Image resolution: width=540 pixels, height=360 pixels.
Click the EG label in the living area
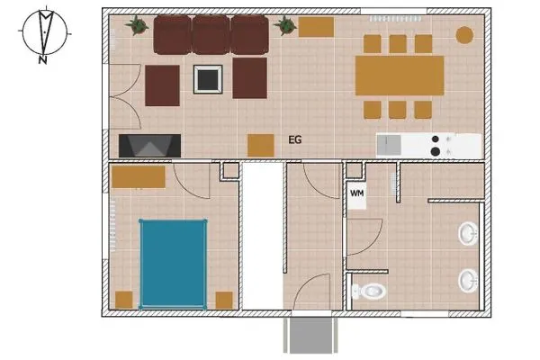pos(295,139)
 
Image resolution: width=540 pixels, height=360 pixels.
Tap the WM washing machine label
pos(356,193)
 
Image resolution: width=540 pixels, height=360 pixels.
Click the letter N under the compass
pos(42,60)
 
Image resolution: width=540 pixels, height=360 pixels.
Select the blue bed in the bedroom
pos(173,264)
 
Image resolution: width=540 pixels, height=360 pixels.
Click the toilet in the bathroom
pos(368,291)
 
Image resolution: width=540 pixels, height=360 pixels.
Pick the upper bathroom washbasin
pos(468,234)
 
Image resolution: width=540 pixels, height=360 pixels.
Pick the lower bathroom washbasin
pos(468,281)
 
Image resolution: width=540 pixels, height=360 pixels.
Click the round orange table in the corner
pos(464,35)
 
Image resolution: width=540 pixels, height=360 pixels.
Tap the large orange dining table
pos(400,76)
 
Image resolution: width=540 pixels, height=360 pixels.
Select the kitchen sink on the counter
pos(389,145)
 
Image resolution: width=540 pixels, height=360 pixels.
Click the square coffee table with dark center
pos(208,79)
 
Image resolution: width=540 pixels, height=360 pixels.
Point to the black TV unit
pos(149,146)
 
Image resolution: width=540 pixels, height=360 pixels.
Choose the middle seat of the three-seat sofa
pos(211,35)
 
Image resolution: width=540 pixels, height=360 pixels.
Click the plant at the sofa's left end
pos(137,25)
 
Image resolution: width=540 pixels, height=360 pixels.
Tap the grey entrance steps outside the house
pos(310,335)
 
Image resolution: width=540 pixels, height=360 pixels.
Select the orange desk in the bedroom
pos(139,177)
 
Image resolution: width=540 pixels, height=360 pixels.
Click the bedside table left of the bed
pos(123,300)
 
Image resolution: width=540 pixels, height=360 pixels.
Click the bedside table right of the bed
pos(224,300)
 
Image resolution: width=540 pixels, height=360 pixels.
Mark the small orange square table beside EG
pos(261,146)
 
